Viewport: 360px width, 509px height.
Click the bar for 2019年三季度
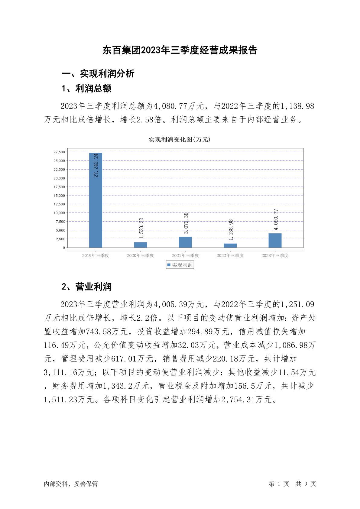click(x=96, y=200)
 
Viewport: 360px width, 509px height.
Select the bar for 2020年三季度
click(x=141, y=245)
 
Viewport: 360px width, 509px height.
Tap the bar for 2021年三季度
click(x=185, y=242)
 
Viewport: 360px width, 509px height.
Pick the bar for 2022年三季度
click(x=230, y=245)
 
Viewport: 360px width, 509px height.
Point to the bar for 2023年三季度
click(x=275, y=240)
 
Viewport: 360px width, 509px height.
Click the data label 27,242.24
click(x=96, y=165)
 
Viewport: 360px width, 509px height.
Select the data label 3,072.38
click(x=186, y=223)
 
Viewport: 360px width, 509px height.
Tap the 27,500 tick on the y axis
click(x=59, y=152)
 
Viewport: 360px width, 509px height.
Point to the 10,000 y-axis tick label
click(x=59, y=213)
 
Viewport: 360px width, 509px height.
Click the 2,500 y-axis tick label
click(x=60, y=239)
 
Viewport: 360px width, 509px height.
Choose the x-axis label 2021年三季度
click(x=185, y=256)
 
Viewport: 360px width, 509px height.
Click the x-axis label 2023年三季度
click(x=275, y=256)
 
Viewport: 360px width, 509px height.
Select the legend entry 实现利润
click(x=180, y=265)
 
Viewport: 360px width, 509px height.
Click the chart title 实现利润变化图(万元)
click(x=180, y=140)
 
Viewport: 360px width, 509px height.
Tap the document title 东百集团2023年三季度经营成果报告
click(x=180, y=50)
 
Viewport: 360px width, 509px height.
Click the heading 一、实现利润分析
click(x=98, y=73)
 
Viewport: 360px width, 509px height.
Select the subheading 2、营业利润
click(x=86, y=287)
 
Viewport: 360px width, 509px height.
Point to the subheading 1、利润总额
click(x=86, y=89)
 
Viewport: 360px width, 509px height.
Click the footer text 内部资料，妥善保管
click(x=71, y=484)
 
